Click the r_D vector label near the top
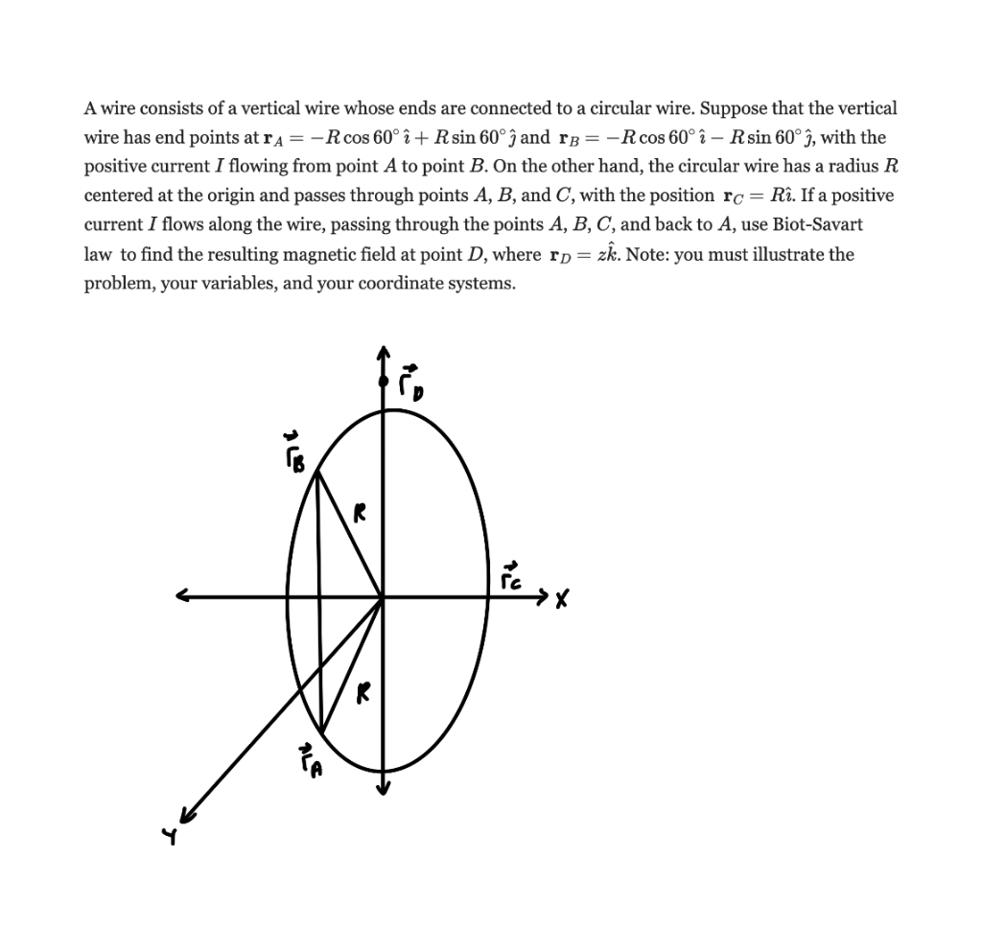click(x=409, y=381)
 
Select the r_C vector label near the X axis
click(x=516, y=577)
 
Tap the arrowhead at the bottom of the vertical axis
click(x=384, y=788)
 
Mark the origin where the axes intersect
click(x=384, y=597)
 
